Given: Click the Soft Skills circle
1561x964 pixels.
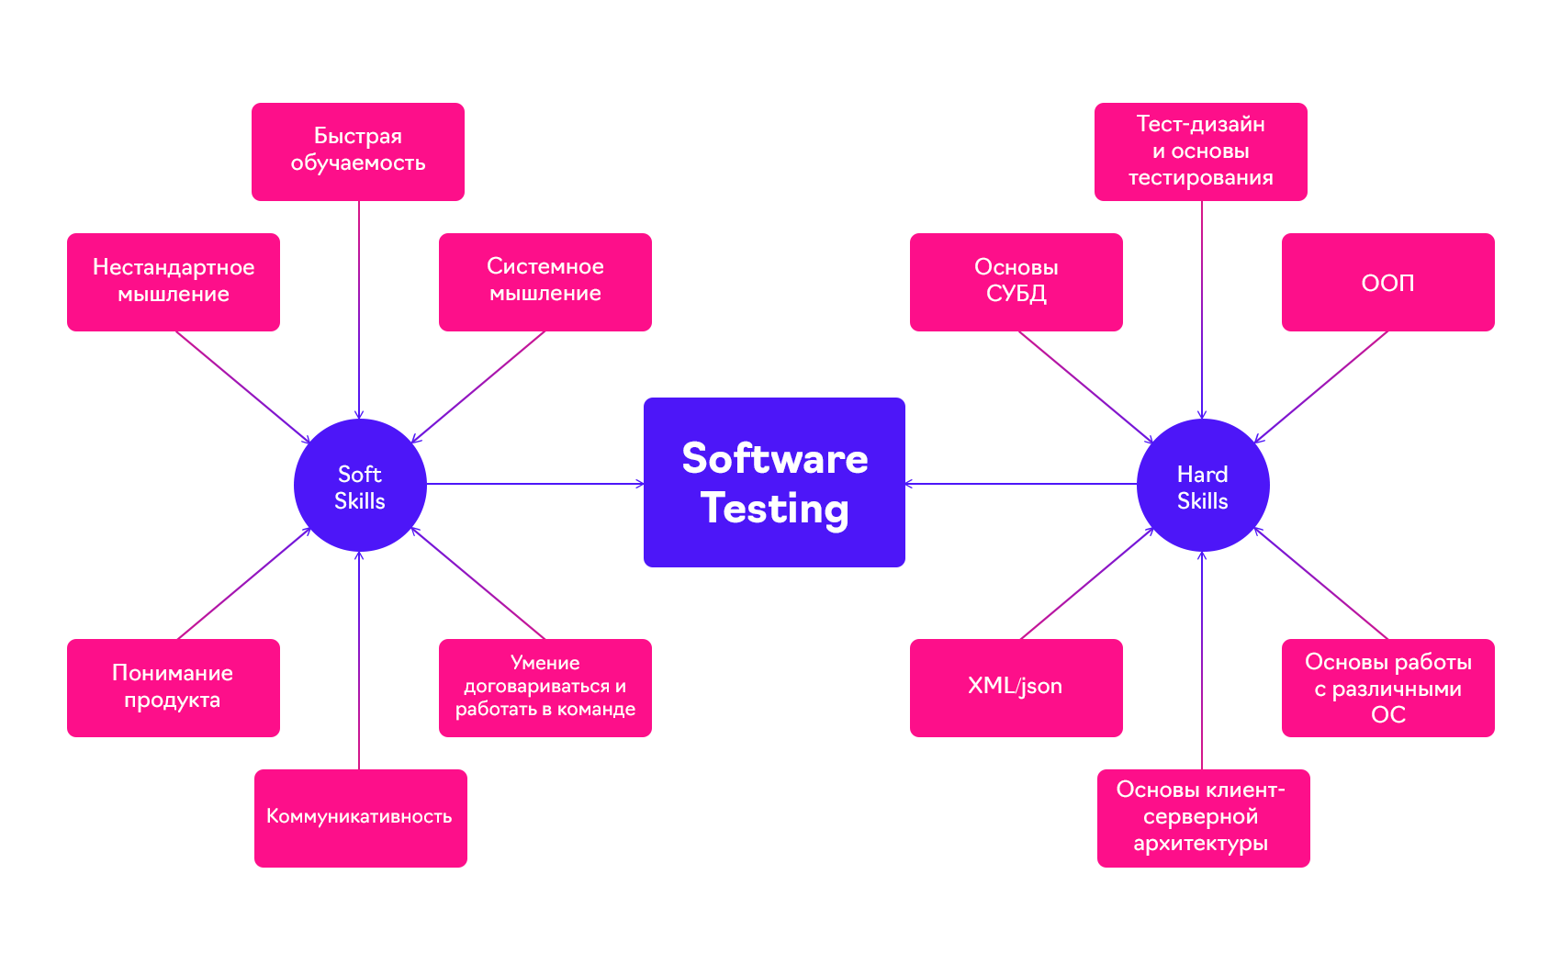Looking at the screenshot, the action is click(360, 485).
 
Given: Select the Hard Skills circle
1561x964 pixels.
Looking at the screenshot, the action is click(1203, 485).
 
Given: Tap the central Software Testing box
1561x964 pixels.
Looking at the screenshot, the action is click(774, 482).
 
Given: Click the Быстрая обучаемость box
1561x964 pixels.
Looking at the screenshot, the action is click(358, 151).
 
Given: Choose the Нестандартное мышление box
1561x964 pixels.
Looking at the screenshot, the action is click(174, 282).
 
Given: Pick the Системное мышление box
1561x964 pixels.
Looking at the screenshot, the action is click(545, 282).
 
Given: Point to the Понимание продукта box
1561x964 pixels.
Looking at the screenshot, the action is click(174, 688).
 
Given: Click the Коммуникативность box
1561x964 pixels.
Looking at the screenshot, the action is click(361, 818).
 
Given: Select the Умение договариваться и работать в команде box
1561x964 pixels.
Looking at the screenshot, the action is click(545, 688).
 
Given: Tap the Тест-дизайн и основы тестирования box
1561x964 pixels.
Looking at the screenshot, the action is click(1201, 151).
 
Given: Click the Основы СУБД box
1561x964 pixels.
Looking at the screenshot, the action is click(1016, 282).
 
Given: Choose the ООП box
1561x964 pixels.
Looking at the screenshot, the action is click(1388, 282).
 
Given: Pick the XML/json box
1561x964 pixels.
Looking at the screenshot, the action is click(1016, 688).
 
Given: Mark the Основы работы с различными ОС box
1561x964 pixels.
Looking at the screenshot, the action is click(1388, 688).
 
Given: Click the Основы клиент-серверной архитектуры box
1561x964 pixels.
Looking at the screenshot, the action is click(1204, 818).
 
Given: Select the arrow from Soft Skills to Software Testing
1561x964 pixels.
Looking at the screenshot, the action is click(535, 484).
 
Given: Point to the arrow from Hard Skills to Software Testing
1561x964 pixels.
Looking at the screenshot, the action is click(1021, 484).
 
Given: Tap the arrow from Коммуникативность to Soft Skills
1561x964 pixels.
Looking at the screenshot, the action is click(359, 660).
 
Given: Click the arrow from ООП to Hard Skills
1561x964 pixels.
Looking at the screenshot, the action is click(1321, 387).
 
